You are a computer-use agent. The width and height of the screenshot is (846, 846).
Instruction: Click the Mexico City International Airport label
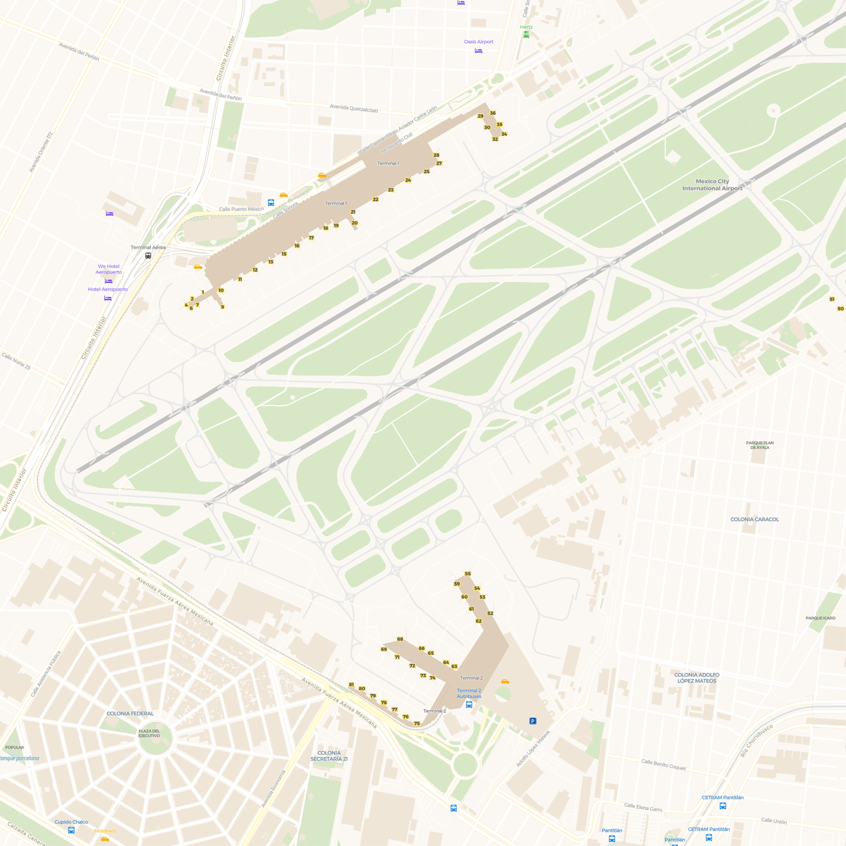pyautogui.click(x=712, y=185)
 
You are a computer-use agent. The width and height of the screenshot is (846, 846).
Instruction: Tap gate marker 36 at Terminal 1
pyautogui.click(x=493, y=113)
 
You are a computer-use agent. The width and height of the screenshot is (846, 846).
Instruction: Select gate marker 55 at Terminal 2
pyautogui.click(x=468, y=574)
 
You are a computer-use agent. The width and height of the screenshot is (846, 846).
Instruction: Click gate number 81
pyautogui.click(x=351, y=684)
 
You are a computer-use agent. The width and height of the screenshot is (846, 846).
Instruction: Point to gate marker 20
pyautogui.click(x=355, y=223)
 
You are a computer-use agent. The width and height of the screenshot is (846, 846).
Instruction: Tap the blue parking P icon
pyautogui.click(x=533, y=721)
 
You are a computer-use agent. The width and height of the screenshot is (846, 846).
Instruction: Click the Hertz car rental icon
pyautogui.click(x=526, y=35)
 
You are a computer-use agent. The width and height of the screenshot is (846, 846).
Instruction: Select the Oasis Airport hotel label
pyautogui.click(x=478, y=41)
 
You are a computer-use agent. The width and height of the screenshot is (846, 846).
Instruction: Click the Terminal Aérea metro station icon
pyautogui.click(x=148, y=256)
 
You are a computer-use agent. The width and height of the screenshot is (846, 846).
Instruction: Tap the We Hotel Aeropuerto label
pyautogui.click(x=109, y=269)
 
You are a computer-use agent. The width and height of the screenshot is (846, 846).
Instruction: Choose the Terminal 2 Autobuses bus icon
pyautogui.click(x=469, y=705)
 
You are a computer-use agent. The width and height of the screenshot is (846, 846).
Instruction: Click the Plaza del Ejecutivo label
pyautogui.click(x=149, y=733)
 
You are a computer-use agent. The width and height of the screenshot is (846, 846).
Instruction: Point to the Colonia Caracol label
pyautogui.click(x=755, y=519)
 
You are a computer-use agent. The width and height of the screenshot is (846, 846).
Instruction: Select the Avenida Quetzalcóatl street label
pyautogui.click(x=353, y=108)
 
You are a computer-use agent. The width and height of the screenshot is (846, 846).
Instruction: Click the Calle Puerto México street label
pyautogui.click(x=241, y=209)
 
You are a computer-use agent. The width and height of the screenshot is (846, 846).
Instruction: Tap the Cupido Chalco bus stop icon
pyautogui.click(x=71, y=830)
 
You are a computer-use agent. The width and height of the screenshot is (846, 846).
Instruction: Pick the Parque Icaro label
pyautogui.click(x=820, y=618)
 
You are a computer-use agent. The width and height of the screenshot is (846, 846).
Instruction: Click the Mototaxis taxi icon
pyautogui.click(x=104, y=839)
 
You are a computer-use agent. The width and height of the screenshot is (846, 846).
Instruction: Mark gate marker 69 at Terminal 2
pyautogui.click(x=384, y=649)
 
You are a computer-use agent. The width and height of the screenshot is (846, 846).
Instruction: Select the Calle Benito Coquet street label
pyautogui.click(x=663, y=764)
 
